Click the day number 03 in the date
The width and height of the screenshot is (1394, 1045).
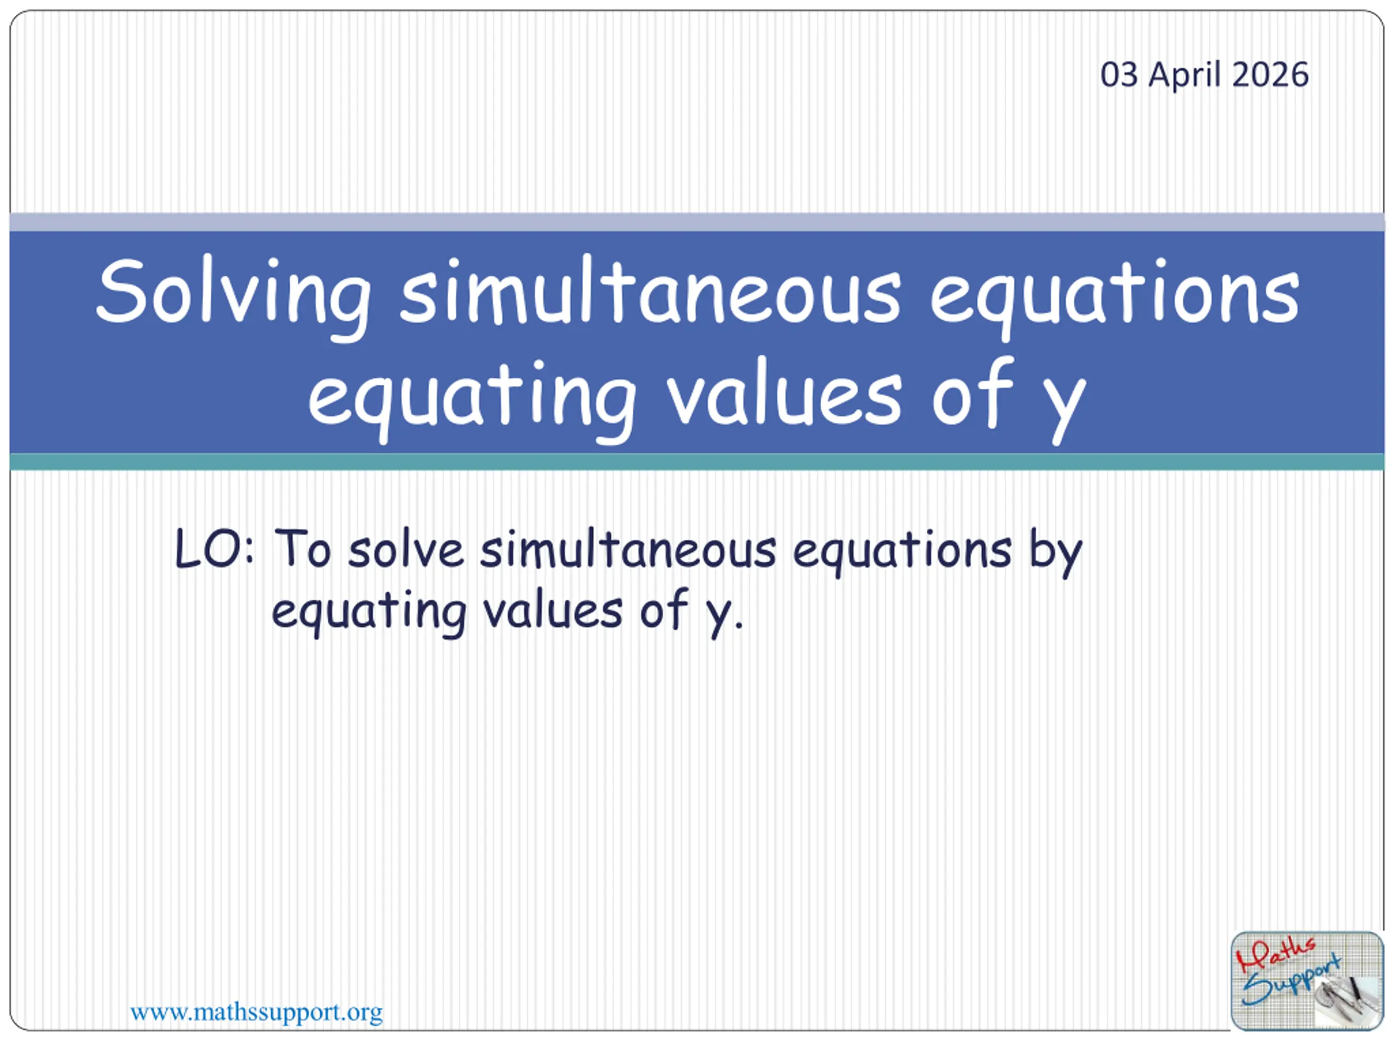click(1119, 75)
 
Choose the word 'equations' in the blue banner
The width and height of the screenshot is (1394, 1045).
click(1114, 300)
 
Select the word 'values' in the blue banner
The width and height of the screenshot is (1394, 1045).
click(785, 394)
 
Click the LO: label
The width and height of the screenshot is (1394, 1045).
click(214, 549)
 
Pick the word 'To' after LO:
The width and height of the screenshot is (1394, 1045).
click(303, 549)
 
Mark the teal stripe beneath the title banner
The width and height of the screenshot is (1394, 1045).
click(697, 462)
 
